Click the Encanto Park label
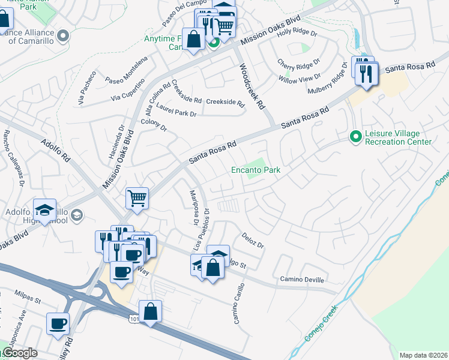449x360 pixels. tap(256, 170)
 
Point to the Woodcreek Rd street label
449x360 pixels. tap(252, 86)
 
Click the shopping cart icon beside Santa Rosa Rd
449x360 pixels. tap(137, 197)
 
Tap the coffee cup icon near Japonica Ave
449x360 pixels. tap(58, 323)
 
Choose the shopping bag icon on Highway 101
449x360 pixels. tap(151, 311)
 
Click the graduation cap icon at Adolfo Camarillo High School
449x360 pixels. tap(44, 210)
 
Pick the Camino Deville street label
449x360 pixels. tap(302, 280)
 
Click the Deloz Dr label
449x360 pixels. tap(253, 241)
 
